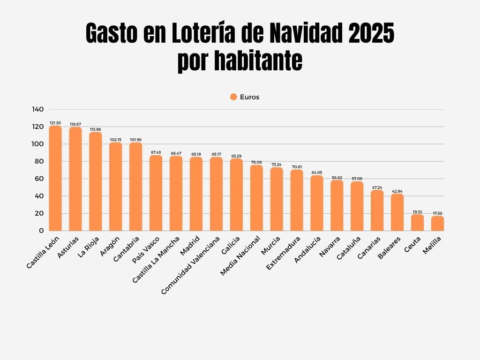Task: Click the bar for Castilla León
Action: [55, 178]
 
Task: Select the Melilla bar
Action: [437, 223]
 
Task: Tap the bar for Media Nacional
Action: [256, 198]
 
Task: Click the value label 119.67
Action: [75, 124]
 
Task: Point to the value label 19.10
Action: [417, 212]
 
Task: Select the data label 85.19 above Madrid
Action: [196, 154]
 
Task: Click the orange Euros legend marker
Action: [233, 97]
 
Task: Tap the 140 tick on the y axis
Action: [38, 109]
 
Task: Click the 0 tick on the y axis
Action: [41, 231]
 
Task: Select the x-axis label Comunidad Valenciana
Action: [190, 265]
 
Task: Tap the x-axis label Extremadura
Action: [283, 253]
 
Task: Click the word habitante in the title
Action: [259, 61]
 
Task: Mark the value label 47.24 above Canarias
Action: [377, 187]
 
